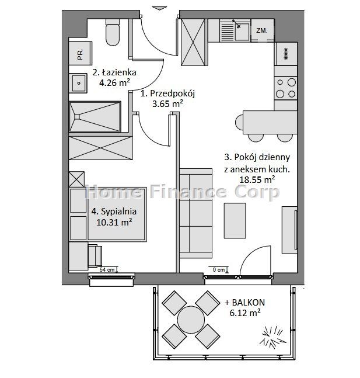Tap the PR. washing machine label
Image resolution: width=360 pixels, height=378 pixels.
pyautogui.click(x=80, y=54)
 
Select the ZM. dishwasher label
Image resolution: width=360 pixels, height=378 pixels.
pyautogui.click(x=261, y=30)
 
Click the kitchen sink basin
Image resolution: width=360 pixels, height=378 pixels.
pyautogui.click(x=242, y=31)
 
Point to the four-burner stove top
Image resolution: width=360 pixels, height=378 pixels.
pyautogui.click(x=285, y=88)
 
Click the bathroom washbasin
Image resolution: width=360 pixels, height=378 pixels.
pyautogui.click(x=78, y=83)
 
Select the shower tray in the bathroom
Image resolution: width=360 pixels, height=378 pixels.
pyautogui.click(x=95, y=117)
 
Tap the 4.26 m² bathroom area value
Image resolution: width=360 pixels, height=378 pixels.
pyautogui.click(x=114, y=83)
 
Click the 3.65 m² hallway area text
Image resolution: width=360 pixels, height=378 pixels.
pyautogui.click(x=167, y=104)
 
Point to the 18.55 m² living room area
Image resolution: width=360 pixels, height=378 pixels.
pyautogui.click(x=257, y=179)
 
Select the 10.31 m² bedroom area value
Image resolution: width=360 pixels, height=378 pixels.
pyautogui.click(x=114, y=222)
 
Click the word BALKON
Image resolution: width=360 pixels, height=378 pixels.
pyautogui.click(x=248, y=302)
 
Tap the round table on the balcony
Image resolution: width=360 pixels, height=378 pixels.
pyautogui.click(x=191, y=320)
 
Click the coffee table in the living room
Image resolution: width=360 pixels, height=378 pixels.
pyautogui.click(x=235, y=221)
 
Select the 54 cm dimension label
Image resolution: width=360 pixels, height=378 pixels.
pyautogui.click(x=107, y=269)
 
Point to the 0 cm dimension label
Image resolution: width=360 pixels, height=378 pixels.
pyautogui.click(x=219, y=270)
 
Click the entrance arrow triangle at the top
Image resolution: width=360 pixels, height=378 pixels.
pyautogui.click(x=160, y=8)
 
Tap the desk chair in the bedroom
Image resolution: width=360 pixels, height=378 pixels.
pyautogui.click(x=95, y=256)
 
